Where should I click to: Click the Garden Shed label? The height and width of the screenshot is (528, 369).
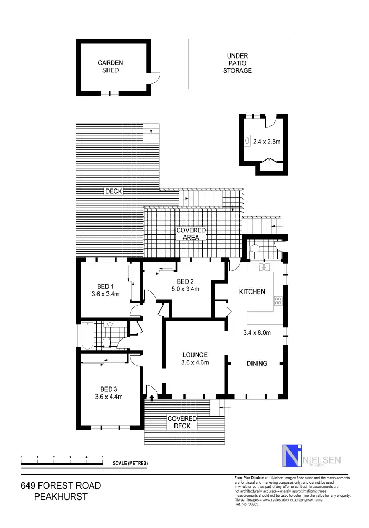111,67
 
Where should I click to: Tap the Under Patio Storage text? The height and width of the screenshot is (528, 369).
237,63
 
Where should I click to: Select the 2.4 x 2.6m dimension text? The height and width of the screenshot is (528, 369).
267,142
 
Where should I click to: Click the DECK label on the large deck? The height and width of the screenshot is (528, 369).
113,191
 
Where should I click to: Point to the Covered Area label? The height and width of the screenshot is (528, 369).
191,234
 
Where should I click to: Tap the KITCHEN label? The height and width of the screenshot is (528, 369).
252,292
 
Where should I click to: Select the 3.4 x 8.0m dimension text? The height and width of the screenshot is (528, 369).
257,333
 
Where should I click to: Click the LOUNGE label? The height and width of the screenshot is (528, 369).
195,355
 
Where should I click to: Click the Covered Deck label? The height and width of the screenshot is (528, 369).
182,422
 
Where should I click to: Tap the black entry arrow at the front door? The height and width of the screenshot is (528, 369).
153,398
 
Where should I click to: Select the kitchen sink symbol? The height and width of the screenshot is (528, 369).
265,267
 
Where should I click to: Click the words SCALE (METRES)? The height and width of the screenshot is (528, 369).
130,464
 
